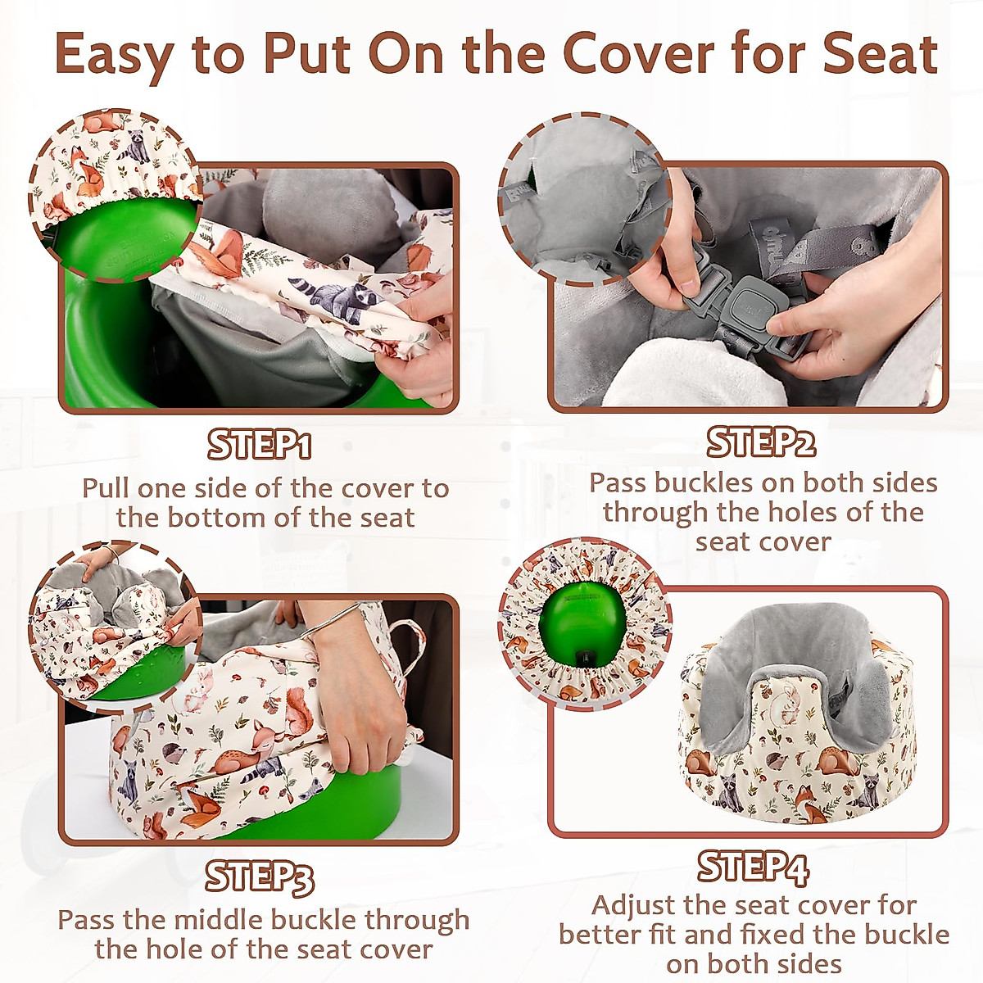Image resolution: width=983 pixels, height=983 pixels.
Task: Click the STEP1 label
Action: click(259, 445)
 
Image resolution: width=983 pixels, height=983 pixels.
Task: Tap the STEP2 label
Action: click(761, 442)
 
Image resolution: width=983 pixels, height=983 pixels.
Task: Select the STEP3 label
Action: click(259, 877)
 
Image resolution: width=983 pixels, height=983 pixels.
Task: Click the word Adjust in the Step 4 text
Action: click(634, 905)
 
